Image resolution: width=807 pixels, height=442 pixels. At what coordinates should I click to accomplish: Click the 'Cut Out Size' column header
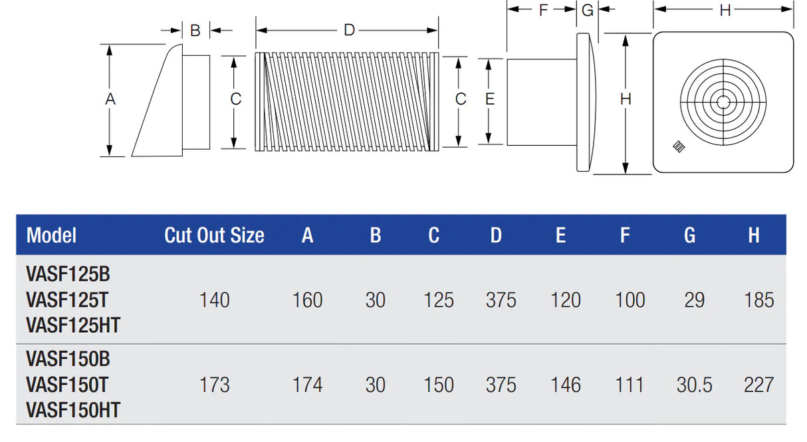214,236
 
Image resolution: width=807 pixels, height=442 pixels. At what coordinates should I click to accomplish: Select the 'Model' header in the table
51,236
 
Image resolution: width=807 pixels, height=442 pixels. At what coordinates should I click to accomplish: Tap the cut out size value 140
214,300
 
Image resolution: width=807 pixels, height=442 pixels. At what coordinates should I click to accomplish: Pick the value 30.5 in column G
695,385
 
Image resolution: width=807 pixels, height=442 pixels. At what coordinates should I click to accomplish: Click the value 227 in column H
758,385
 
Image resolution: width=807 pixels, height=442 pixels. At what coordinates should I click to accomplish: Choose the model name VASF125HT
73,325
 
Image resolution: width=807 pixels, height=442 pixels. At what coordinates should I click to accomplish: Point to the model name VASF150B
68,359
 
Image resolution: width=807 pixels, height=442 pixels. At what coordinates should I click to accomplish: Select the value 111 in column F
630,385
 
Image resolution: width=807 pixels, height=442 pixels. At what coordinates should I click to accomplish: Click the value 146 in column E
566,385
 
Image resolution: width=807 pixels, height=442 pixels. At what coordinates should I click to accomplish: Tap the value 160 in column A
307,300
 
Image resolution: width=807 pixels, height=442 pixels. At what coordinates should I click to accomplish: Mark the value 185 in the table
758,300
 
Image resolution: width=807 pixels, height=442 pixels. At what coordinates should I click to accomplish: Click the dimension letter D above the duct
349,30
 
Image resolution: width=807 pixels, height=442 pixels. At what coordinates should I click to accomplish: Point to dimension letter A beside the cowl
110,99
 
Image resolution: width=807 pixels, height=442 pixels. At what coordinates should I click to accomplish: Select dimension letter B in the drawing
195,31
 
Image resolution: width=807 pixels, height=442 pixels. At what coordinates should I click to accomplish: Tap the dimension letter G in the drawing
587,10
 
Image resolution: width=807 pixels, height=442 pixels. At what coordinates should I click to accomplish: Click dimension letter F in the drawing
543,10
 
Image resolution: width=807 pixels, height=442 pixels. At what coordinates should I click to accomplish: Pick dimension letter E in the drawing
490,99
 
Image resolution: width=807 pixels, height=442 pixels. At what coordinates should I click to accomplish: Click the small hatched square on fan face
679,146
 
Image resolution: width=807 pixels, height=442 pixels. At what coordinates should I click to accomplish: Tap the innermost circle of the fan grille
723,102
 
